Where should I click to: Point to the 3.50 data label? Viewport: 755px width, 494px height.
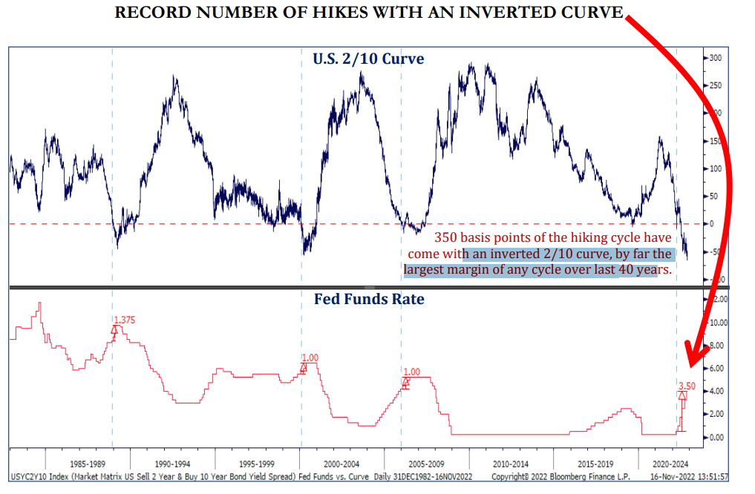(x=687, y=386)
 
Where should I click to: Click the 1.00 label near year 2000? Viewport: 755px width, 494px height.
(x=310, y=358)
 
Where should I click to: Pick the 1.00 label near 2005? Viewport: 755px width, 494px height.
(x=411, y=372)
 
